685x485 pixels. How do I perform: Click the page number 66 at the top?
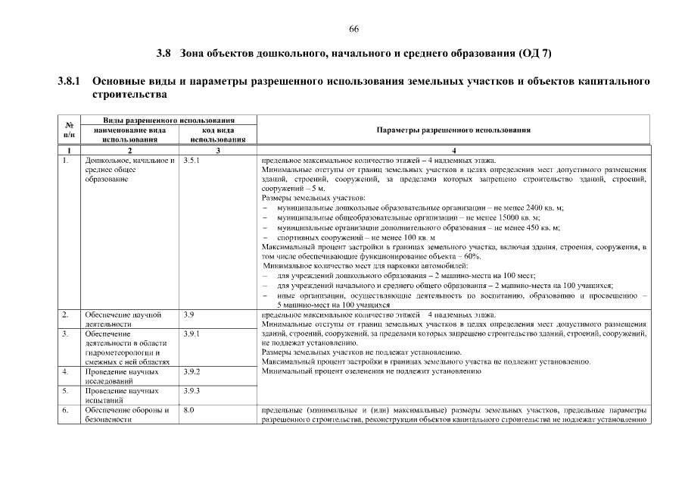coord(353,29)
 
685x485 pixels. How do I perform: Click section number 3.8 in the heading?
coord(163,54)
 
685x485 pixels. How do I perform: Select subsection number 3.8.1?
coord(70,81)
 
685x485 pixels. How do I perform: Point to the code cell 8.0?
coord(188,410)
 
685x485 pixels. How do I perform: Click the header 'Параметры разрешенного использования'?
coord(453,130)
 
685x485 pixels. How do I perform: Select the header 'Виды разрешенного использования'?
coord(168,120)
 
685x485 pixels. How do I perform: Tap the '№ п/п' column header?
coord(69,130)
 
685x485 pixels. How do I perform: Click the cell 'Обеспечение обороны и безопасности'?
coord(126,415)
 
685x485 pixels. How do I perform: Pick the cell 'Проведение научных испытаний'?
coord(122,396)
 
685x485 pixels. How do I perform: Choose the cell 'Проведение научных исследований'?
coord(122,377)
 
